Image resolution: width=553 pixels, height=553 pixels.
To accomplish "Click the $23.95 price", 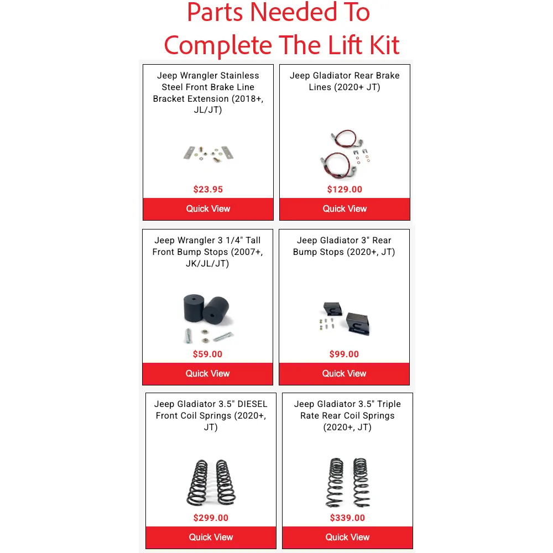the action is pos(208,189).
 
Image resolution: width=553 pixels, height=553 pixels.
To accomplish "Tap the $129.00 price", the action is pos(345,189).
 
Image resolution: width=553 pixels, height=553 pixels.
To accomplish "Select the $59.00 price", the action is pos(207,354).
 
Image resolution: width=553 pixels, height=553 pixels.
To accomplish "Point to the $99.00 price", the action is pos(344,354).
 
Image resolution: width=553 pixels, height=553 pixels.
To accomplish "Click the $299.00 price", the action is pos(211,518).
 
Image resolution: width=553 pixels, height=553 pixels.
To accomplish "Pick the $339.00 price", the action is pos(347,518).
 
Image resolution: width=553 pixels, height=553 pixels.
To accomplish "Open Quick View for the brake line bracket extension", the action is pos(208,209).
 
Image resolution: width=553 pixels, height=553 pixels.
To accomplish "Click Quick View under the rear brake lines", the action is pos(345,209).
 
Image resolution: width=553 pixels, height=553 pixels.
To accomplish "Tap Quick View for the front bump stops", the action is pos(207,373).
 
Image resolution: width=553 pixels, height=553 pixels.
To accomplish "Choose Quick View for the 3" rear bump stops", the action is pos(344,373).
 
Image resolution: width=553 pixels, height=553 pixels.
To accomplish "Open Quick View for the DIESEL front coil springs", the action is pos(211,537).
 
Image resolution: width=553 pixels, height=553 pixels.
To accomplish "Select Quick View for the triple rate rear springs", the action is pos(347,537).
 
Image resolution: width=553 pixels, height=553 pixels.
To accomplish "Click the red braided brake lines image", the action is pos(345,154).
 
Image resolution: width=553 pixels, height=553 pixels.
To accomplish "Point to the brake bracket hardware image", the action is pos(208,154).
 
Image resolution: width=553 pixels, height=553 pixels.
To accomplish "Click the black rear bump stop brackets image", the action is pos(344,319).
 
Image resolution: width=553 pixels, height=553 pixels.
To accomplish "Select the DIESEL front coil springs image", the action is pos(211,482).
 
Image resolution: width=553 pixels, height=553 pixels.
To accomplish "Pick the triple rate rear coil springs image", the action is pos(348,482).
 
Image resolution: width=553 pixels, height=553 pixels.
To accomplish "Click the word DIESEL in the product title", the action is pos(253,404).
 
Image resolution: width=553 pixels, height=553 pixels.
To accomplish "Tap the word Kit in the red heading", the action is pos(384,45).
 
